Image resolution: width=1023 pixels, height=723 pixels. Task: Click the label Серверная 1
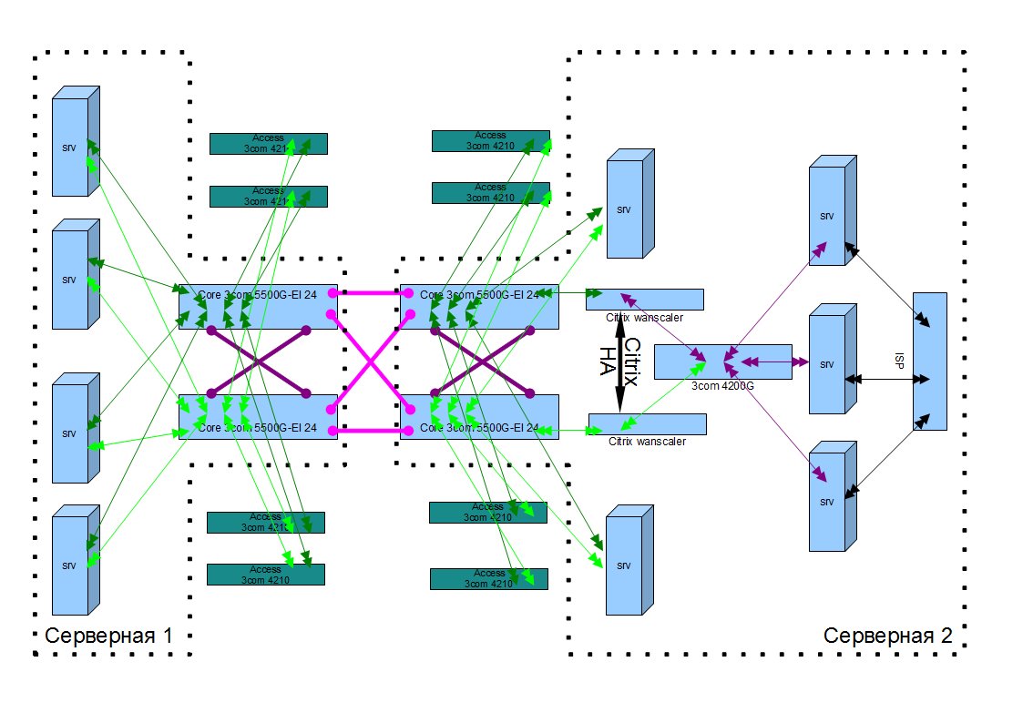pyautogui.click(x=108, y=636)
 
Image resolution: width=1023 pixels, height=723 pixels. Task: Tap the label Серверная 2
pyautogui.click(x=887, y=636)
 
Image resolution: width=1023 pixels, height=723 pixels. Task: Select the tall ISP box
pyautogui.click(x=929, y=361)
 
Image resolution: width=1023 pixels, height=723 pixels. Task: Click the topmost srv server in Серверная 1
pyautogui.click(x=73, y=144)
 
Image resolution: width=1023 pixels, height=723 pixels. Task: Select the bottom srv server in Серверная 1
pyautogui.click(x=73, y=565)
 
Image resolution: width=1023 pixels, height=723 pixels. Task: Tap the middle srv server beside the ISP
pyautogui.click(x=829, y=364)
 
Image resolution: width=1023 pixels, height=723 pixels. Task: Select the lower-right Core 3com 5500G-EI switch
pyautogui.click(x=478, y=417)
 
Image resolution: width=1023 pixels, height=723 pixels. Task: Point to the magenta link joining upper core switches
pyautogui.click(x=369, y=293)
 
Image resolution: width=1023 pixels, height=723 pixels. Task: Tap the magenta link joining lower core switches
pyautogui.click(x=369, y=430)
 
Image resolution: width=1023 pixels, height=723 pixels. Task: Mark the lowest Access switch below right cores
pyautogui.click(x=488, y=579)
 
